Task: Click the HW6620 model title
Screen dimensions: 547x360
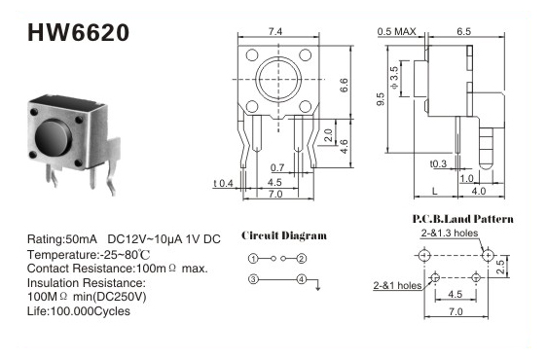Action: (x=78, y=33)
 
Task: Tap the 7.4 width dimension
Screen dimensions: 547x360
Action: (x=275, y=32)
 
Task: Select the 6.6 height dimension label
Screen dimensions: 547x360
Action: (x=344, y=85)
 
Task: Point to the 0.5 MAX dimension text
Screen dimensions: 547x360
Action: (x=397, y=32)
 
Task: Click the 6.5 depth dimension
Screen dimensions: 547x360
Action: (x=464, y=31)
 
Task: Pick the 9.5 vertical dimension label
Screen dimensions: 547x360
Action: (x=381, y=99)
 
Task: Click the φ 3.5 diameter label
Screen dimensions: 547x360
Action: (x=394, y=78)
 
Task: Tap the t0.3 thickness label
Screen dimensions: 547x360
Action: (x=438, y=163)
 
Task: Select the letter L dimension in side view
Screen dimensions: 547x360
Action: (x=435, y=191)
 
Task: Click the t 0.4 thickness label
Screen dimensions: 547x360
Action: (x=224, y=183)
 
